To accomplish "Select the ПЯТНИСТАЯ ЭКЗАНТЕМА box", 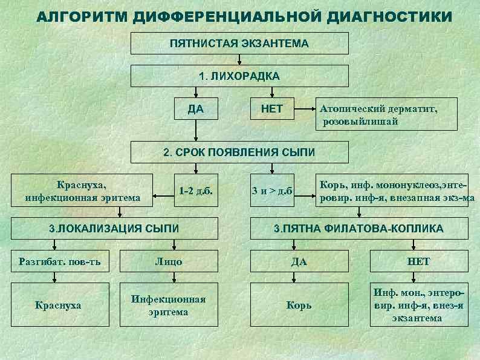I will click(x=239, y=44).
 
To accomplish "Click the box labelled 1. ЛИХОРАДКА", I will click(x=239, y=76).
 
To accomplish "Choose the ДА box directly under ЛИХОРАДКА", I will click(x=195, y=110).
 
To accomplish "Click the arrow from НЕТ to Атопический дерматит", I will click(x=305, y=110).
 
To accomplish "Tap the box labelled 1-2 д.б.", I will click(x=195, y=191).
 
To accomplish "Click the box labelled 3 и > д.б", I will click(x=272, y=191).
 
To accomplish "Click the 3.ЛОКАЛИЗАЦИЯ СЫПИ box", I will click(x=114, y=229).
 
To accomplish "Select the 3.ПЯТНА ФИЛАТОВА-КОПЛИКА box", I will click(x=358, y=229).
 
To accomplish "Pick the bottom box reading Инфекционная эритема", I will click(x=169, y=306).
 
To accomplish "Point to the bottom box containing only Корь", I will click(x=299, y=306).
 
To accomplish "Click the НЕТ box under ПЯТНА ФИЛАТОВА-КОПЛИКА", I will click(x=419, y=261).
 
